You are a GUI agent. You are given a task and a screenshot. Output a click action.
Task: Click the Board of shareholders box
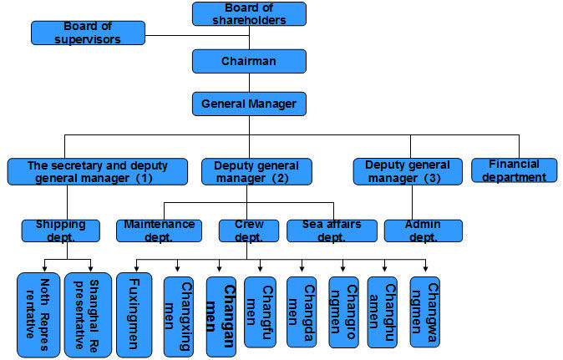(249, 13)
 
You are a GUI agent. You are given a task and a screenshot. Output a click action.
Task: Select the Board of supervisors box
(88, 33)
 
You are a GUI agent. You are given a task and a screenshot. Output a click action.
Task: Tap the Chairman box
(249, 61)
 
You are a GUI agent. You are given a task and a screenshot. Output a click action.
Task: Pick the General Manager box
(249, 104)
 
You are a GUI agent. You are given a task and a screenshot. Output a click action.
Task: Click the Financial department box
(514, 170)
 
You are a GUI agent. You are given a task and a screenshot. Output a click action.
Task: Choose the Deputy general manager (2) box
(256, 171)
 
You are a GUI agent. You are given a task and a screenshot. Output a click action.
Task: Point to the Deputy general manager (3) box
(407, 171)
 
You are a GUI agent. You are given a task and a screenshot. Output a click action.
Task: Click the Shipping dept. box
(60, 231)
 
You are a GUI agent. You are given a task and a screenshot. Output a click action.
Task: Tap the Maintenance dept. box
(159, 231)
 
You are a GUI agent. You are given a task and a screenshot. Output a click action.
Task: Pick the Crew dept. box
(247, 231)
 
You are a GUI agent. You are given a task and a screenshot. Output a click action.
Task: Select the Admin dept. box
(423, 231)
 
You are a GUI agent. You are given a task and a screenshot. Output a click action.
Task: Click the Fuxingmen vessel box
(134, 314)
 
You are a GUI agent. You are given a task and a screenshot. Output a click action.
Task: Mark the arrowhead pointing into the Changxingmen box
(177, 268)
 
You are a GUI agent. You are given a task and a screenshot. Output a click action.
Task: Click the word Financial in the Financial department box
(514, 164)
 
